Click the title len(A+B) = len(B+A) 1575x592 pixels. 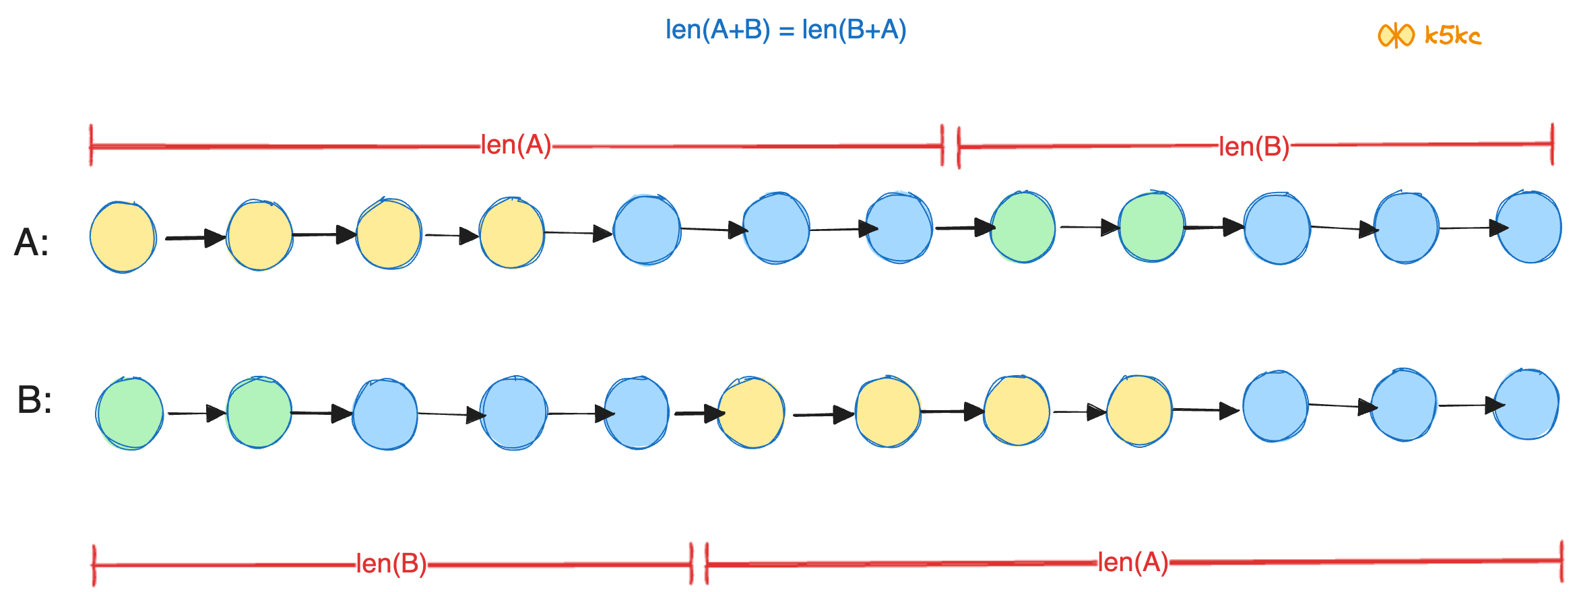tap(785, 30)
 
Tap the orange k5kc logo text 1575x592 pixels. tap(1452, 35)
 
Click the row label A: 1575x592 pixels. tap(31, 242)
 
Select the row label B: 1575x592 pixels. tap(34, 399)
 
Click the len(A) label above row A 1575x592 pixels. tap(515, 145)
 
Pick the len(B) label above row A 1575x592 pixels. tap(1254, 146)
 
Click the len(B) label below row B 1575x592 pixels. tap(391, 563)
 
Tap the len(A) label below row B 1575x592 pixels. tap(1133, 562)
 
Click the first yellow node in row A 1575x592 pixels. tap(123, 237)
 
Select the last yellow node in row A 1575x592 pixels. tap(512, 232)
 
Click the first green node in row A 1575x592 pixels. tap(1023, 227)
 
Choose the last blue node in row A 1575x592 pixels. tap(1529, 227)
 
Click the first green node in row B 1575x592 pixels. tap(129, 413)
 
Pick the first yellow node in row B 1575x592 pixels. tap(751, 412)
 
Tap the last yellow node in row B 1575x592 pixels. tap(1140, 410)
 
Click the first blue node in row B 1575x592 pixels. tap(385, 414)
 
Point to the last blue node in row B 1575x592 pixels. tap(1526, 404)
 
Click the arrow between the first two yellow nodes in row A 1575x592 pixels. tap(195, 238)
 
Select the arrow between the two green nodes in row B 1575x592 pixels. tap(196, 413)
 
